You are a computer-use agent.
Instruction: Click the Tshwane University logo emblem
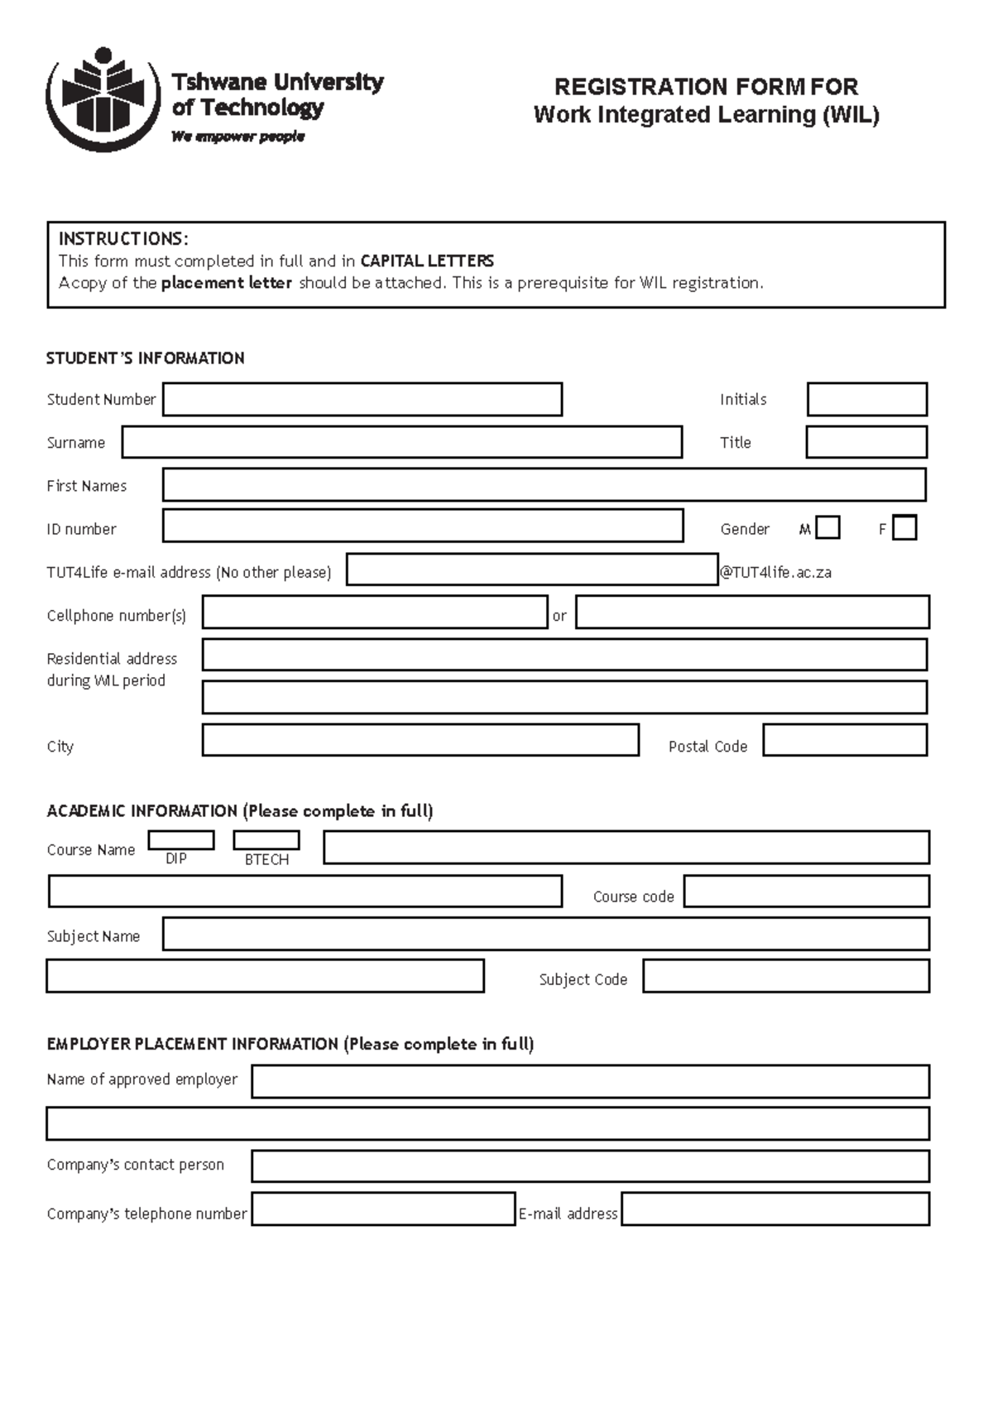click(x=103, y=99)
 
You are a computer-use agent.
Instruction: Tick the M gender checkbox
click(x=827, y=528)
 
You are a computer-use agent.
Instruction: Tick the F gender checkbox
click(x=905, y=528)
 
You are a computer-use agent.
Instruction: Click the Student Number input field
click(x=362, y=399)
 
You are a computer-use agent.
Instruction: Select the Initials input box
click(x=866, y=399)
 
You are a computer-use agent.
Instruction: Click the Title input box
click(x=866, y=442)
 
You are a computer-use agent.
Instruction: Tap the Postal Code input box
click(x=845, y=740)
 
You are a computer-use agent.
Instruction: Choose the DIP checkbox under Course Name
click(x=181, y=840)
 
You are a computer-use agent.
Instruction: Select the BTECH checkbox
click(x=266, y=840)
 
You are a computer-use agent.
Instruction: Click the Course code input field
click(x=806, y=892)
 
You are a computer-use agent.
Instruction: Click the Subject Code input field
click(x=786, y=976)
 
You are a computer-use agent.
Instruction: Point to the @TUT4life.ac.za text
click(x=776, y=572)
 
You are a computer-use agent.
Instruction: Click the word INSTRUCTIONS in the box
click(x=122, y=239)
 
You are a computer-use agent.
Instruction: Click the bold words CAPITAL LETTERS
click(x=427, y=261)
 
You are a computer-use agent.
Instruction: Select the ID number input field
click(x=423, y=526)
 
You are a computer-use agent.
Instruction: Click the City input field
click(x=420, y=740)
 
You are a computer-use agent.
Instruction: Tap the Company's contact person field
click(x=590, y=1166)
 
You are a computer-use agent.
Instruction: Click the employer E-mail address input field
click(x=775, y=1209)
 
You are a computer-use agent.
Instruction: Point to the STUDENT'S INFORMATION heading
click(x=146, y=358)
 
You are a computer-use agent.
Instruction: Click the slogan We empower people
click(x=238, y=137)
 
